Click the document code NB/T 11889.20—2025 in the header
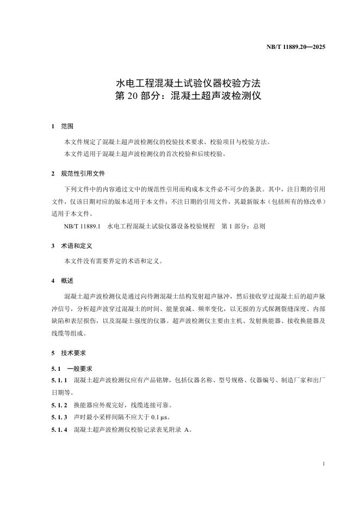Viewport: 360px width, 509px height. tap(296, 47)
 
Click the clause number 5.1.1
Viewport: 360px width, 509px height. tap(59, 381)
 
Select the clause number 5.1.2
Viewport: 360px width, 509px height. tap(59, 405)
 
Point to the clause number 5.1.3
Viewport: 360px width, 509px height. tap(59, 417)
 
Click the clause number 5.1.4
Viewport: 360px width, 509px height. tap(59, 430)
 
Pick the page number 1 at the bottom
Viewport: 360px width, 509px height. tap(324, 464)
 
